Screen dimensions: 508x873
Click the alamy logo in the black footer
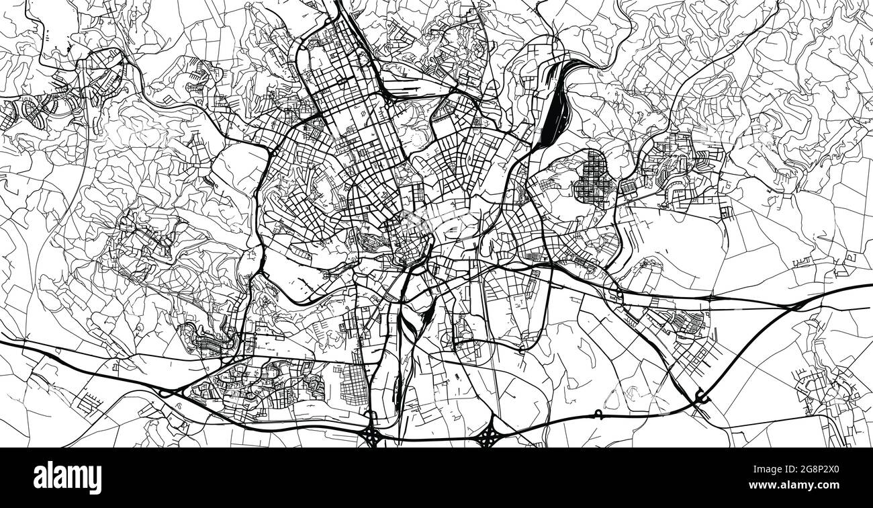(67, 477)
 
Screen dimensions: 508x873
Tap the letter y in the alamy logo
(95, 480)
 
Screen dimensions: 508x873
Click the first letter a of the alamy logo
(40, 478)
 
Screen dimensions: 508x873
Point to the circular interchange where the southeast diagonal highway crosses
(700, 398)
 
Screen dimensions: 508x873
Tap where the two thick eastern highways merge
(796, 304)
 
